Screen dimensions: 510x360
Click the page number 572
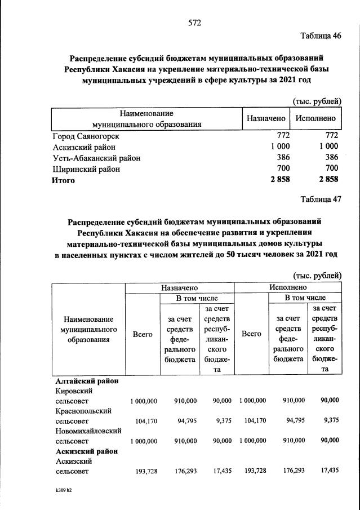(x=194, y=23)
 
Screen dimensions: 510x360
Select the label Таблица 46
(x=321, y=36)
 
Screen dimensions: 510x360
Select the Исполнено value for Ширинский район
(x=331, y=168)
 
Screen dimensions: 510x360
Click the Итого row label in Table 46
(x=64, y=180)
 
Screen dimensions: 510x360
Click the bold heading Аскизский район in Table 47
(x=86, y=451)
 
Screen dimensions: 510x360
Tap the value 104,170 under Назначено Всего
(x=146, y=420)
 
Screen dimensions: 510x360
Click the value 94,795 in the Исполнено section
(x=293, y=420)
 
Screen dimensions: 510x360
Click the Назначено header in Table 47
(x=179, y=287)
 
